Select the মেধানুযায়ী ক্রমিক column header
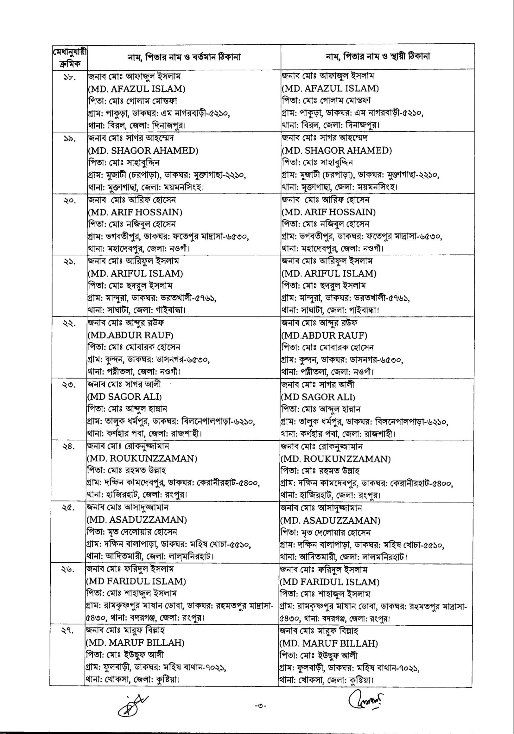tap(70, 58)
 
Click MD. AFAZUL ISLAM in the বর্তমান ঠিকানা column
tap(137, 89)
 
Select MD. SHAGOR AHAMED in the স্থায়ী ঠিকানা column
tap(337, 150)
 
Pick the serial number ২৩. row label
tap(69, 385)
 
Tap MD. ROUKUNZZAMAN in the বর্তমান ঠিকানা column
tap(142, 458)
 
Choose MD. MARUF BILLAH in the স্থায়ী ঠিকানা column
tap(329, 643)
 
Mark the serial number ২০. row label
tap(69, 201)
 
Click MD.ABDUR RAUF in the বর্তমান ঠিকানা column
tap(131, 335)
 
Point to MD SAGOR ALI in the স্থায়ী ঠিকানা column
tap(318, 397)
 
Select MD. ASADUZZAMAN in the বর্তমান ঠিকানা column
tap(137, 520)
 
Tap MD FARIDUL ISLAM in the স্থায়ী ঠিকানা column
tap(330, 582)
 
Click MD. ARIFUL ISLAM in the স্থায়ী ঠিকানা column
tap(329, 274)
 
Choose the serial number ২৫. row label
tap(68, 508)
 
